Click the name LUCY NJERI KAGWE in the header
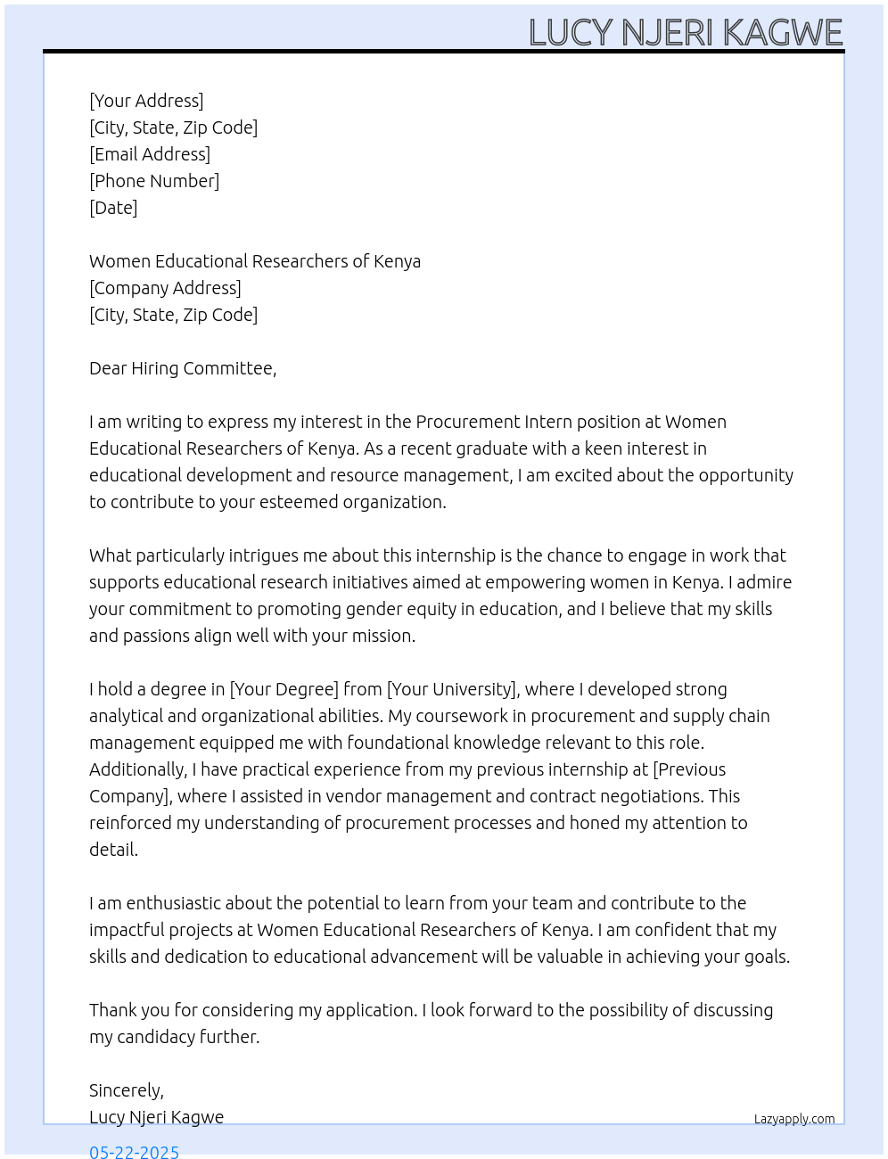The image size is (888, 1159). [x=685, y=33]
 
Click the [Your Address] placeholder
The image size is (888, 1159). [x=146, y=101]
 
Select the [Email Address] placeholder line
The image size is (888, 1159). [x=150, y=154]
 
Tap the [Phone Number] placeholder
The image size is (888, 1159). [x=154, y=181]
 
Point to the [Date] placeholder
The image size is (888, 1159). [x=113, y=208]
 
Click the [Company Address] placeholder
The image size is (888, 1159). [x=165, y=288]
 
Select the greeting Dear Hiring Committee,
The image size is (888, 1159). [x=183, y=368]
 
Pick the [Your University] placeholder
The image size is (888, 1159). [x=452, y=689]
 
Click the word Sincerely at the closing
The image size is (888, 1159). [x=126, y=1090]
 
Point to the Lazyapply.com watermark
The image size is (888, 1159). [x=794, y=1119]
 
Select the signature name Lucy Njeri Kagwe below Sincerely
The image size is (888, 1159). [x=157, y=1117]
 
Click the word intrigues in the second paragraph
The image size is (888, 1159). [x=263, y=555]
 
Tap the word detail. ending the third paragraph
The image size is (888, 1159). [x=114, y=850]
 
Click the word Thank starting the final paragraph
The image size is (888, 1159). [x=112, y=1010]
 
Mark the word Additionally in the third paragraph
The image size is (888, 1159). [x=137, y=769]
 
